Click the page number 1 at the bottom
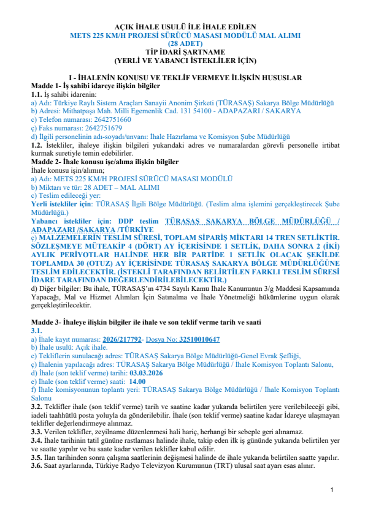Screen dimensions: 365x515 (331, 491)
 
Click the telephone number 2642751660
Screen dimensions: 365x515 (110, 119)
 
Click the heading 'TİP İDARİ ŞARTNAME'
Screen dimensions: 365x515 (182, 52)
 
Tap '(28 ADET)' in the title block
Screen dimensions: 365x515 (182, 44)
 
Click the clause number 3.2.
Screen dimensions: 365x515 (37, 407)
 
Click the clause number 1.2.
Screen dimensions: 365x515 (37, 145)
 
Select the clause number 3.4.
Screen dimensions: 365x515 (37, 440)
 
